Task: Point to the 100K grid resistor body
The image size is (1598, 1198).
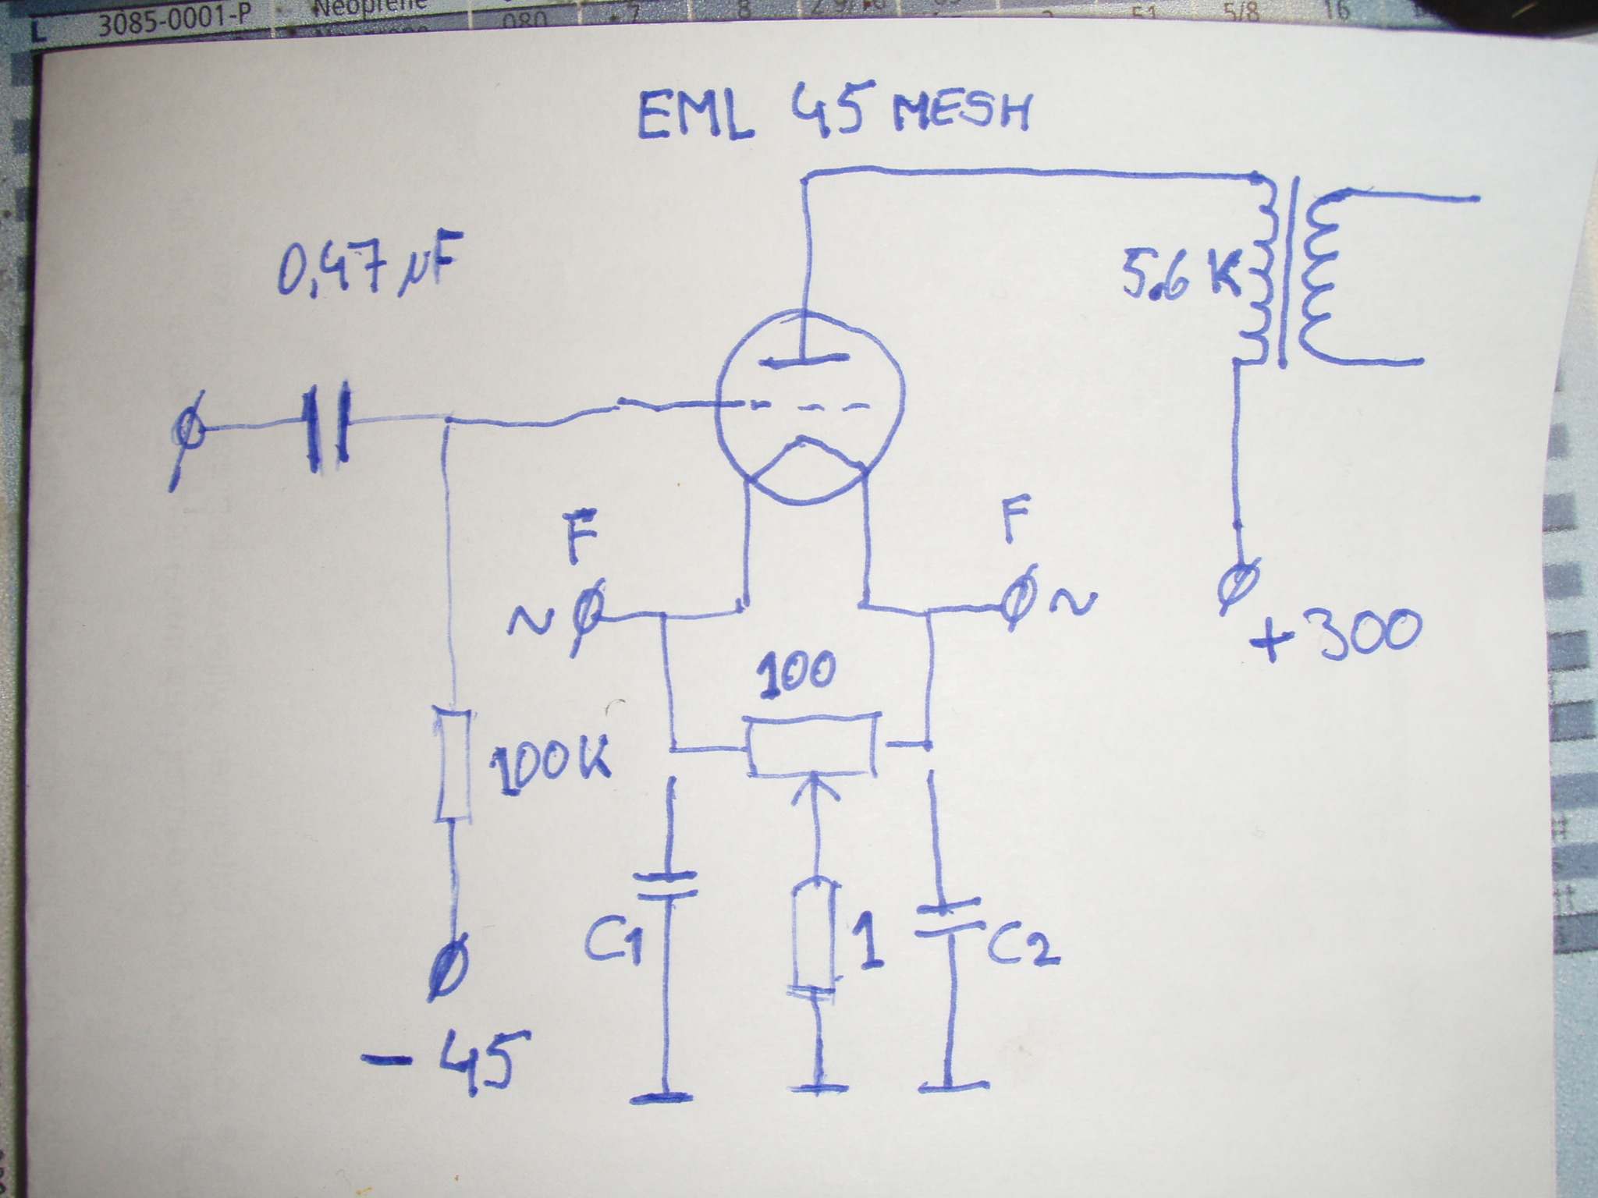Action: tap(453, 764)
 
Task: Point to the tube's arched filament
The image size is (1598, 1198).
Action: tap(808, 456)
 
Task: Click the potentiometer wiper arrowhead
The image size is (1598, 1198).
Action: tap(814, 785)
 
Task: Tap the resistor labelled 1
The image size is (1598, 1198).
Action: tap(815, 936)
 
